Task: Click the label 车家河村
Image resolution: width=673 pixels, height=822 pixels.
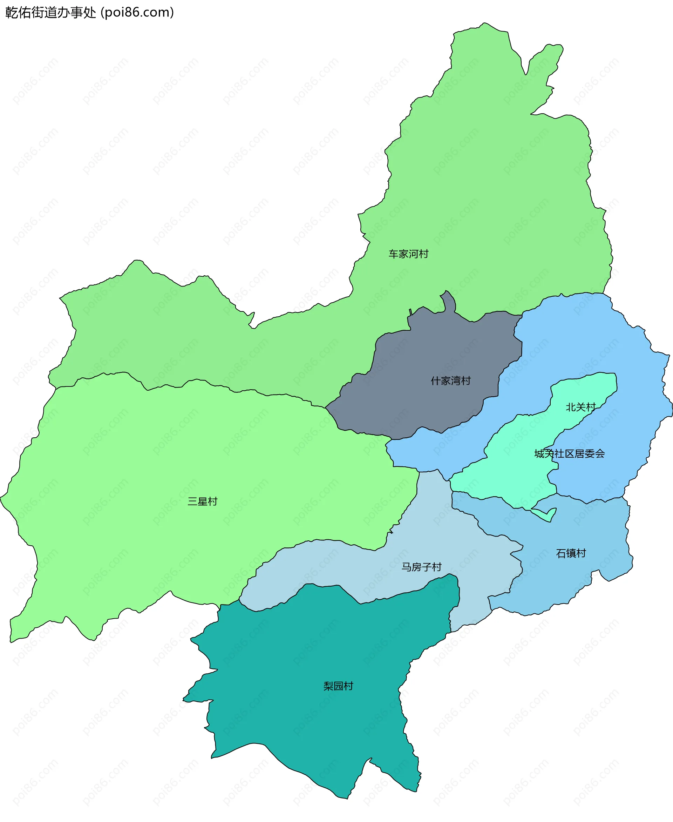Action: click(408, 254)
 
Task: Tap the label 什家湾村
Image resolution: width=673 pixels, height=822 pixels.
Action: click(450, 381)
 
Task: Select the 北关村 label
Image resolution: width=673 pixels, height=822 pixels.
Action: click(580, 407)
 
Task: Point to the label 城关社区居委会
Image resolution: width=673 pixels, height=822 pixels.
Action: click(569, 453)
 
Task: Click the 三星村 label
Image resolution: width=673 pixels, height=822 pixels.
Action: click(202, 501)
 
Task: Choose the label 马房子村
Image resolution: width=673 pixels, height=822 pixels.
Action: click(421, 567)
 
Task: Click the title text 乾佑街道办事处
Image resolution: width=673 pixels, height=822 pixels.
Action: click(50, 12)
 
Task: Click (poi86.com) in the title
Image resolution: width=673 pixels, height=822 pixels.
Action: click(137, 12)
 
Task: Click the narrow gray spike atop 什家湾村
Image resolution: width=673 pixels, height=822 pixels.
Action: click(449, 301)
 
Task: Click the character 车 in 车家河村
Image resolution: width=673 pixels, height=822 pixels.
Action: click(394, 254)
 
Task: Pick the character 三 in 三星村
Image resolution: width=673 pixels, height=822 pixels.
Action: click(193, 501)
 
